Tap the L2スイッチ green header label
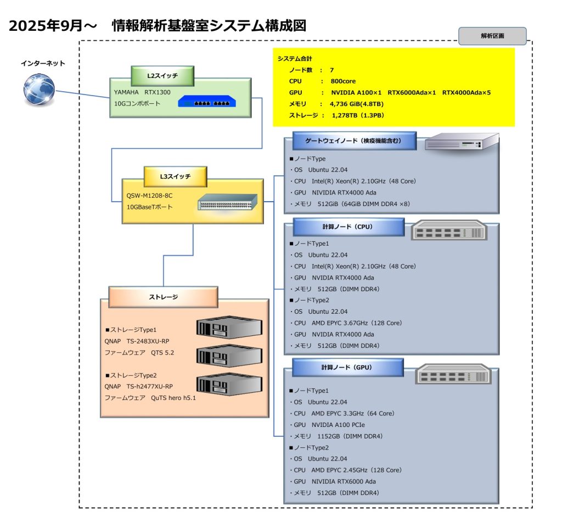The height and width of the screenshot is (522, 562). point(162,75)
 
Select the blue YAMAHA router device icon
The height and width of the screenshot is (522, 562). point(206,103)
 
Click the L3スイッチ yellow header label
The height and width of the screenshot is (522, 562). point(175,176)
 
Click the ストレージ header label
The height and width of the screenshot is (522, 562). point(163,297)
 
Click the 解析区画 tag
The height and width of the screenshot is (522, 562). point(492,36)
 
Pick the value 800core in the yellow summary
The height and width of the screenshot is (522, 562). point(343,81)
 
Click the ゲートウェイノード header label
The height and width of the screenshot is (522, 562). point(353,141)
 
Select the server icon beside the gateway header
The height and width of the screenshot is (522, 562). point(462,142)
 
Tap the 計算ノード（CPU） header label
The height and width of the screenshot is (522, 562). point(349,226)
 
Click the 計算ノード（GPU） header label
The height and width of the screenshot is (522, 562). point(348,367)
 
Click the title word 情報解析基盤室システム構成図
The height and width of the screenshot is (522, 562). point(208,25)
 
